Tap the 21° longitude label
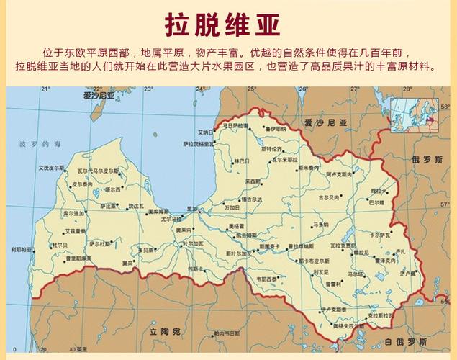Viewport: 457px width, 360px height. [x=45, y=89]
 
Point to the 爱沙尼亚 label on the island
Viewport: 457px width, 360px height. [x=99, y=95]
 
